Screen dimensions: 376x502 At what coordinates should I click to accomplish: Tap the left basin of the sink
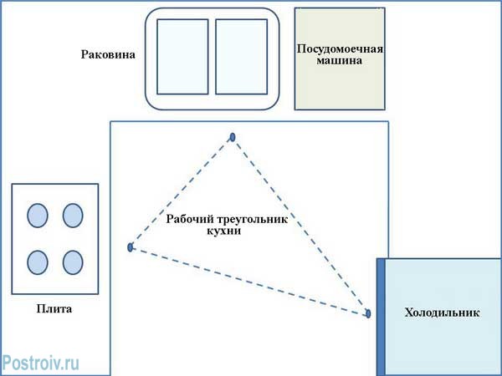click(182, 57)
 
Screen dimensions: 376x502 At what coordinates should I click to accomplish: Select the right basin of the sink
click(241, 57)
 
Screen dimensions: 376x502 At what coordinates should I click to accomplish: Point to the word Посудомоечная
click(340, 48)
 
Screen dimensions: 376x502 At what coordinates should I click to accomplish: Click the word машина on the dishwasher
click(340, 61)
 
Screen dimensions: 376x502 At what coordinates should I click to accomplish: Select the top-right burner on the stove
click(73, 216)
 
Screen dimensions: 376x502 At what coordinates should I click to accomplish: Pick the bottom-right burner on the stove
click(73, 262)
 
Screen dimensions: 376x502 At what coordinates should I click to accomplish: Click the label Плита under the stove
click(54, 309)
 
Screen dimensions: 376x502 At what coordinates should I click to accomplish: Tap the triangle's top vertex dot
click(233, 137)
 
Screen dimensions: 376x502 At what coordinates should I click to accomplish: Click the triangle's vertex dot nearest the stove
click(131, 247)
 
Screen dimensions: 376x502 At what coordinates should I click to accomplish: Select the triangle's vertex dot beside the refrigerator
click(367, 313)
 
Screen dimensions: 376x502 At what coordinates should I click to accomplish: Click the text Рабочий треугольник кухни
click(227, 224)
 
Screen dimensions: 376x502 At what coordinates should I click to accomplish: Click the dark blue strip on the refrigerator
click(381, 316)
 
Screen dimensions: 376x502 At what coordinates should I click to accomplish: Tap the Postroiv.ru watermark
click(41, 362)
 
